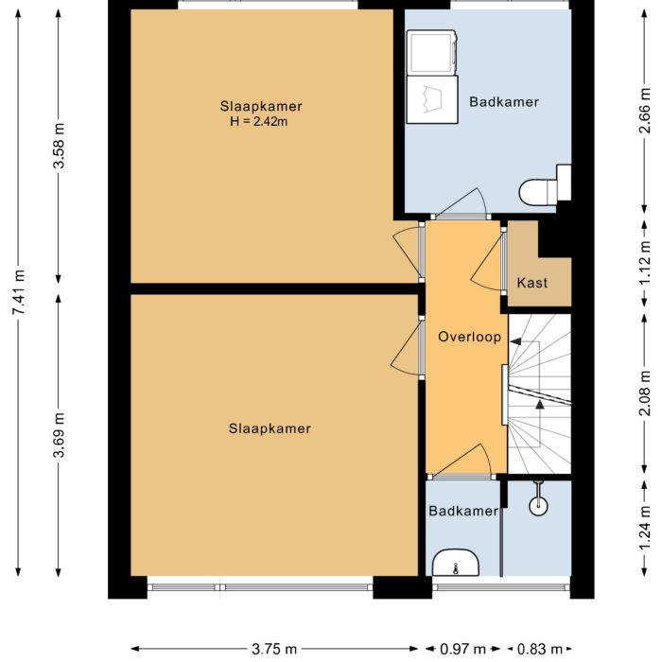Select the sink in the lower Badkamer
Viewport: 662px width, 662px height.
457,565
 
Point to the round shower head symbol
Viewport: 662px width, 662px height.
538,504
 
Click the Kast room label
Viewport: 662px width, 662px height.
531,283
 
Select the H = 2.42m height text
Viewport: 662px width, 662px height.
260,121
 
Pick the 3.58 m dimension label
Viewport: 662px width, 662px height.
60,147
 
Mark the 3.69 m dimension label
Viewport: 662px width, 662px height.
60,435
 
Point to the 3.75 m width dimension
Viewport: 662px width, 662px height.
274,649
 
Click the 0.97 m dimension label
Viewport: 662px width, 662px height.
463,649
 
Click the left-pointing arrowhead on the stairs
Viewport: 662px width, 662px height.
515,340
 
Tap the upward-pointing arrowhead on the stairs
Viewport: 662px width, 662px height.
539,404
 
